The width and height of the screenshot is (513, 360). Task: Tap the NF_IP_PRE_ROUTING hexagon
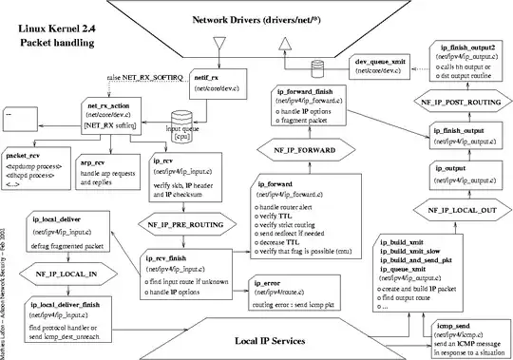186,227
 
